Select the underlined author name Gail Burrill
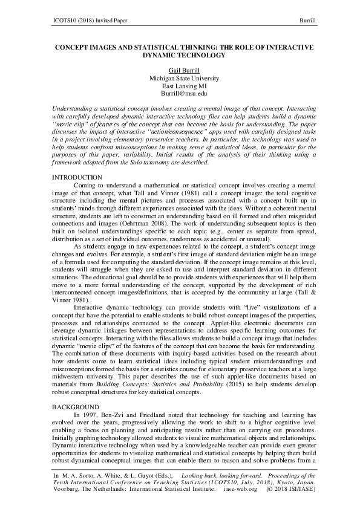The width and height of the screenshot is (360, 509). (x=179, y=71)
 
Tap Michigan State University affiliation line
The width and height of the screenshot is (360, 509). (x=179, y=79)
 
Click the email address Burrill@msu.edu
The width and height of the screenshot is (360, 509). (x=179, y=94)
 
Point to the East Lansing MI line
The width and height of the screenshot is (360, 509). (x=179, y=86)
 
